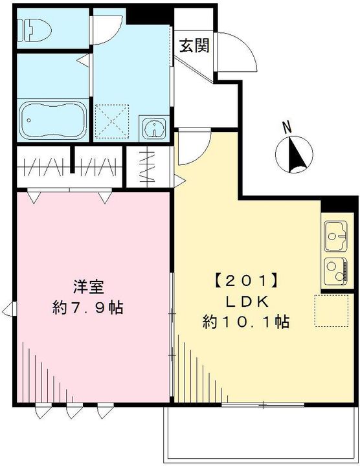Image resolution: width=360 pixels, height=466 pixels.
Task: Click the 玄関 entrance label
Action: click(x=194, y=46)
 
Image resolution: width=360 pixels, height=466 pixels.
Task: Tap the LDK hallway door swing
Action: click(x=192, y=149)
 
